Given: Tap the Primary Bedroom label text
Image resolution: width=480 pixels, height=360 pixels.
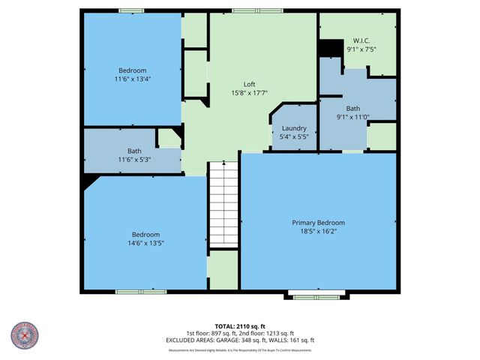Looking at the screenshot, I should (318, 223).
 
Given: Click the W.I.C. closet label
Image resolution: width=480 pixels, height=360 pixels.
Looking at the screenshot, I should (361, 40).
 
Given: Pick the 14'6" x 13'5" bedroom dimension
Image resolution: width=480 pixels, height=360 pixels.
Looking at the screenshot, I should (145, 243).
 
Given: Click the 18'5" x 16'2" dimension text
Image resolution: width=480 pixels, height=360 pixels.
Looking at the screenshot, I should (318, 232).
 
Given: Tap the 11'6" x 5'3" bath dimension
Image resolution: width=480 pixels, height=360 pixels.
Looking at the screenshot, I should (133, 160).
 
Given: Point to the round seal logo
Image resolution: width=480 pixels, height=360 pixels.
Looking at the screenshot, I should (24, 336).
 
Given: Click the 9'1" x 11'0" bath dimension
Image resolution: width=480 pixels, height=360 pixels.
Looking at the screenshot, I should (352, 117).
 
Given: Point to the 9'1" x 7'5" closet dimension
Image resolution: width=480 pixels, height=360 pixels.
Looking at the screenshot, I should (361, 49).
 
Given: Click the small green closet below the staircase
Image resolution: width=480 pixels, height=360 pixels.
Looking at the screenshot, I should (223, 270).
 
